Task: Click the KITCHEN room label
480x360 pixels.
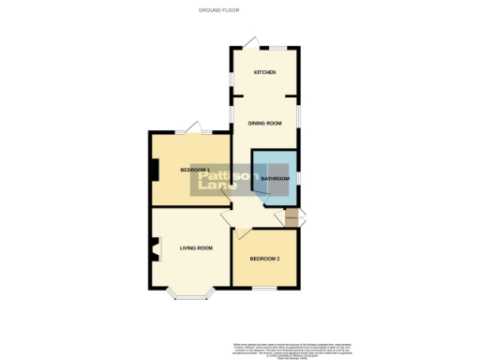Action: (264, 72)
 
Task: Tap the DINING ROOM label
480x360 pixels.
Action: (264, 123)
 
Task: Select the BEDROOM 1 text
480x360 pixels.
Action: (195, 169)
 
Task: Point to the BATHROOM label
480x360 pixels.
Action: (276, 178)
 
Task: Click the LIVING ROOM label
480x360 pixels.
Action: (197, 247)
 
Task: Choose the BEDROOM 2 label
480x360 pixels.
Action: (264, 259)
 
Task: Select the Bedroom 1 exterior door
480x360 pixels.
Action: (193, 127)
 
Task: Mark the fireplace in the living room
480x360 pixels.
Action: (152, 249)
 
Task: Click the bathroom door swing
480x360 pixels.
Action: (265, 189)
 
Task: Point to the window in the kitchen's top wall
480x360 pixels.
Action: (278, 47)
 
